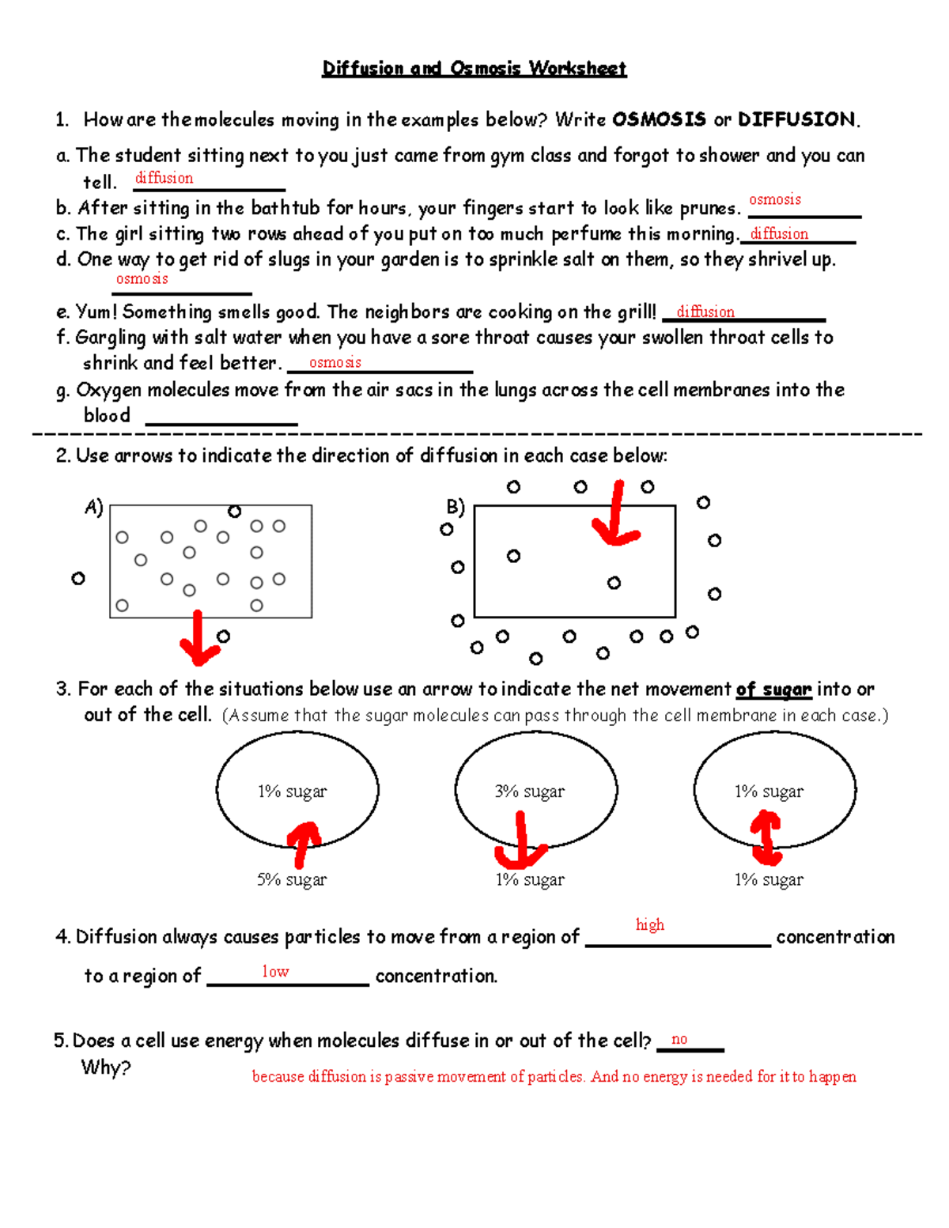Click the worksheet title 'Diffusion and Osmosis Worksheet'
coord(474,69)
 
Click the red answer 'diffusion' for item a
coord(164,178)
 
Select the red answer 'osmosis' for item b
coord(774,199)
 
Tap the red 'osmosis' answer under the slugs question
coord(142,278)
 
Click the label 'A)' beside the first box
coord(93,507)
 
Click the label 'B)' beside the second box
coord(456,506)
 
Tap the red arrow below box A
coord(198,639)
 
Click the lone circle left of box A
coord(78,579)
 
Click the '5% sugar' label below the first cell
coord(292,879)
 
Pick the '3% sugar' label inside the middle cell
coord(529,792)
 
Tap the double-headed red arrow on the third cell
coord(766,838)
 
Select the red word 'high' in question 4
coord(650,924)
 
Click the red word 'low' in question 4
coord(275,971)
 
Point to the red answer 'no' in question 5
coord(679,1039)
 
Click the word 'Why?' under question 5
coord(106,1067)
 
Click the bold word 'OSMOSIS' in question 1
coord(659,119)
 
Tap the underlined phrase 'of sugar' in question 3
coord(773,690)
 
